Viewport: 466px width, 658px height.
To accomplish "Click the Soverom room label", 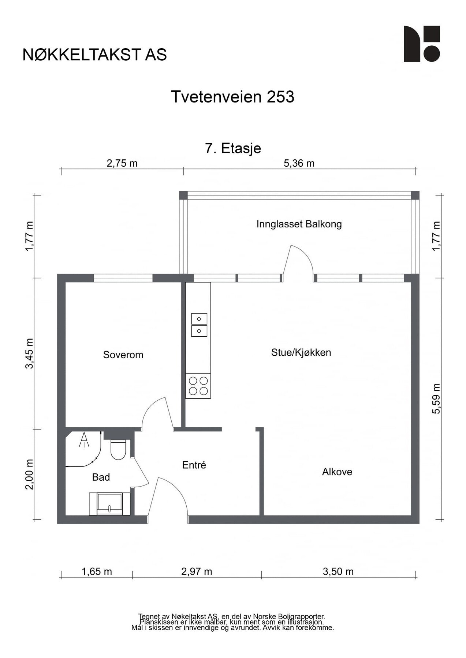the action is [x=123, y=355].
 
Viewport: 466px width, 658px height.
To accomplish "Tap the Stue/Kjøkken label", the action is [x=301, y=352].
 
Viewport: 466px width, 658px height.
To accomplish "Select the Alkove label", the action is [x=337, y=472].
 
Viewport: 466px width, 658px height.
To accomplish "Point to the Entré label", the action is [x=194, y=465].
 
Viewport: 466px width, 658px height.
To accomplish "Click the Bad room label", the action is [x=101, y=477].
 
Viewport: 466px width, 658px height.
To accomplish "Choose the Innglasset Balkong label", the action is [x=299, y=224].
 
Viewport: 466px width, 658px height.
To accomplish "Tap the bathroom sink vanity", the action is [x=110, y=504].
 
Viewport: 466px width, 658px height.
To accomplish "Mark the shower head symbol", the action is [x=85, y=439].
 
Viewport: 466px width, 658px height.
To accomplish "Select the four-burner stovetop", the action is [x=198, y=386].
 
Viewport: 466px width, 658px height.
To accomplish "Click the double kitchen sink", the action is [x=199, y=325].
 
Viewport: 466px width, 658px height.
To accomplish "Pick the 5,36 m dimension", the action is [x=299, y=163].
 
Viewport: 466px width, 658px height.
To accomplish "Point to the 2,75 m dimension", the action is [x=122, y=163].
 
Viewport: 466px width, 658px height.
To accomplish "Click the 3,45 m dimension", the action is [x=30, y=353].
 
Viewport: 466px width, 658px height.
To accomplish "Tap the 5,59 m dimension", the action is [x=436, y=398].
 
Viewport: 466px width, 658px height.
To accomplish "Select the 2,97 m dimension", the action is [x=197, y=571].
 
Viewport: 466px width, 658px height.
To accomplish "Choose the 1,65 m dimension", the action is [x=97, y=571].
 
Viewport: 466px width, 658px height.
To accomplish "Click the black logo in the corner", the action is [x=422, y=44].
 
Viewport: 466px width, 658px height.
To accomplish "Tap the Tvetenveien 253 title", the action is [x=233, y=97].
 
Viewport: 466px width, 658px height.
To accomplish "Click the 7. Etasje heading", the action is [x=233, y=148].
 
